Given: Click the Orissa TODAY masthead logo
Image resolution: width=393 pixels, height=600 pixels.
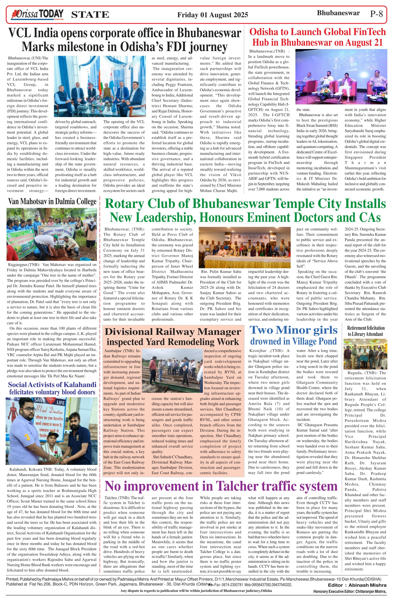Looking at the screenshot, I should click(37, 14).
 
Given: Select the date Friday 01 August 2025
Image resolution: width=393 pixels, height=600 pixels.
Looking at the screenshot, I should click(212, 15).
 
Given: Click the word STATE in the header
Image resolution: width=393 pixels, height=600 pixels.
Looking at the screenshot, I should click(90, 15).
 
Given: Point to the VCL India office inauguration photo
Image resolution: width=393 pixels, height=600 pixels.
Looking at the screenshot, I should click(100, 86).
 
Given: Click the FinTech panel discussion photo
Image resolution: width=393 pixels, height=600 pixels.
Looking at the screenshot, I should click(341, 76).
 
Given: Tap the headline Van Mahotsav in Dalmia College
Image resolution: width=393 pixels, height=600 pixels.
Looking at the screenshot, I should click(52, 201).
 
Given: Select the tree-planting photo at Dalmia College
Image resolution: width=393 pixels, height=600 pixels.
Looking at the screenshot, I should click(52, 234).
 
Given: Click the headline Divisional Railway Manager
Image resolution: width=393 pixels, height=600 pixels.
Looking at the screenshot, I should click(173, 332).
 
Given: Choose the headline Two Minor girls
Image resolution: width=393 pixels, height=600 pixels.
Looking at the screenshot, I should click(293, 330).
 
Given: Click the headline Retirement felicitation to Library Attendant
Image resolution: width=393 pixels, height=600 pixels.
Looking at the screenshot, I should click(365, 331).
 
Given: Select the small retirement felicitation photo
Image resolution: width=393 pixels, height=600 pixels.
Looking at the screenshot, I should click(365, 354).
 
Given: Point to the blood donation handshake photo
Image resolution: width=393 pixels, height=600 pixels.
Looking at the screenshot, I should click(51, 431).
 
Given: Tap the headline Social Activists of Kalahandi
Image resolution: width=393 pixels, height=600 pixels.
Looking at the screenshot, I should click(52, 385).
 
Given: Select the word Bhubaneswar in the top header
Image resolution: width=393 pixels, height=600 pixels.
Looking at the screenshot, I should click(338, 13).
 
